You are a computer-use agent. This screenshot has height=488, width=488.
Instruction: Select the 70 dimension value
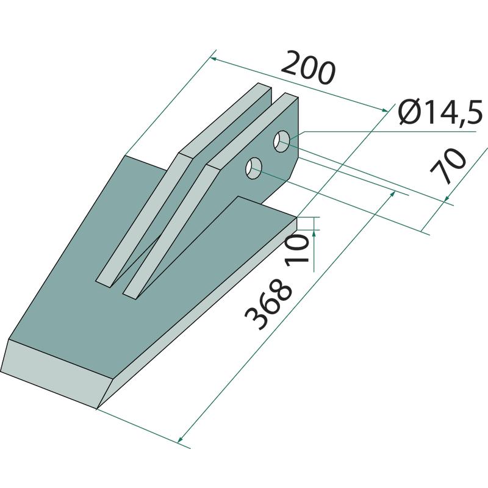click(448, 166)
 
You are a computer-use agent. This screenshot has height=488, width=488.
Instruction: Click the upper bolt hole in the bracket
click(282, 142)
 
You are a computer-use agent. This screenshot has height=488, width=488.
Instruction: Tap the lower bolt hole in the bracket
click(254, 168)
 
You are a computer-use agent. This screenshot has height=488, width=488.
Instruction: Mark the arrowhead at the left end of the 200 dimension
click(213, 59)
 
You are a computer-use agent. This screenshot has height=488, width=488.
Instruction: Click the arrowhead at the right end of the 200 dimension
click(385, 109)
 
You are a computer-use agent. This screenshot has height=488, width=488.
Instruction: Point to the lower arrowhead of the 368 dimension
click(179, 440)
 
